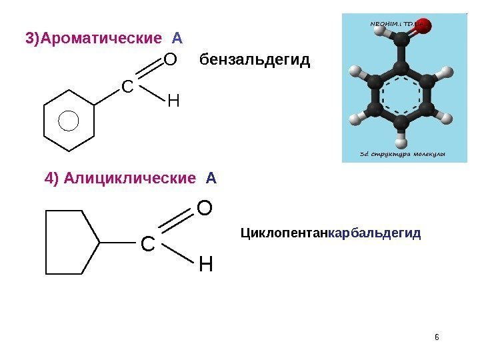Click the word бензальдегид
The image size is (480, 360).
coord(255,61)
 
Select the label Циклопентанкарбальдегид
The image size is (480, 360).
coord(330,234)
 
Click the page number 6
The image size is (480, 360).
coord(437,336)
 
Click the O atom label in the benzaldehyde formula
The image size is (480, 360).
coord(170,61)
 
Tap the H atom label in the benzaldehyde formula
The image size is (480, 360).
coord(173,102)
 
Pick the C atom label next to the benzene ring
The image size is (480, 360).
coord(127,87)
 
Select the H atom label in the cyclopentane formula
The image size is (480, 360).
coord(206,265)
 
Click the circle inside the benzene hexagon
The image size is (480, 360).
coord(69,121)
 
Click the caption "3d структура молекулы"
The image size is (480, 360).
coord(402,154)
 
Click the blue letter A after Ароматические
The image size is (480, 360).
coord(177,35)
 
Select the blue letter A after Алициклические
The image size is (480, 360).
coord(211,179)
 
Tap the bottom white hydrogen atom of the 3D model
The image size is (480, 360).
coord(401,141)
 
